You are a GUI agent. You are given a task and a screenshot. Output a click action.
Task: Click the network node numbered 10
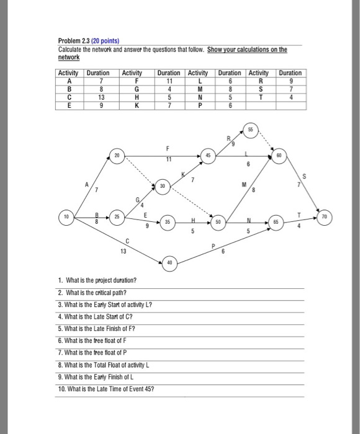[65, 218]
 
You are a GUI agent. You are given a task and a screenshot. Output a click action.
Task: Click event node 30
[163, 185]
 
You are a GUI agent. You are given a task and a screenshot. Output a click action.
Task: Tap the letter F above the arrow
[168, 148]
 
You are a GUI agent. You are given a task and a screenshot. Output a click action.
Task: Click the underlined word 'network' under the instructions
[70, 58]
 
